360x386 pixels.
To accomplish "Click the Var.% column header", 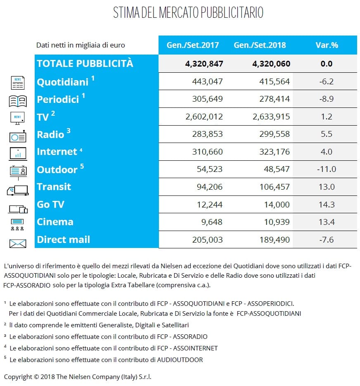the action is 327,45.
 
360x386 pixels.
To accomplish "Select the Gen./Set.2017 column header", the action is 192,45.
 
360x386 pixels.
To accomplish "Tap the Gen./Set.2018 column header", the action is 260,45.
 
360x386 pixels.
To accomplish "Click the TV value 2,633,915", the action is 271,117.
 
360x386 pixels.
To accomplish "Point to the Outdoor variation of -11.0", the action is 326,169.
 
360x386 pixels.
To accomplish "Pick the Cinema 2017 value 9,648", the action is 212,222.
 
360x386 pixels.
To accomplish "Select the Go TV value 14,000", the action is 277,205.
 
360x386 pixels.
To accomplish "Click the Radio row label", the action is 50,134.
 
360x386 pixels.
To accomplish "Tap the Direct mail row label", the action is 64,240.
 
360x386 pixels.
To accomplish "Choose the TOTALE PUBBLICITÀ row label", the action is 85,64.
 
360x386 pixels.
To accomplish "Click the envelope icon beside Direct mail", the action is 18,244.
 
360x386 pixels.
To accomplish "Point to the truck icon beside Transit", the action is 18,191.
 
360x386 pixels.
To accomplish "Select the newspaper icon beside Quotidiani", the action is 18,83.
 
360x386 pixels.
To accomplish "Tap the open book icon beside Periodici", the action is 18,101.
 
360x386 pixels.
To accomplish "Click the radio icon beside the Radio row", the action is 18,136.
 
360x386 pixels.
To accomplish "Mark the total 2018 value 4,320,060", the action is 271,64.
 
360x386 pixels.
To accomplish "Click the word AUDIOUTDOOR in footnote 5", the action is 180,360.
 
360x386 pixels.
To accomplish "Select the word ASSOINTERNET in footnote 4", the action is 196,348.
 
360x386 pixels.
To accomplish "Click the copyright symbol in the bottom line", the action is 36,376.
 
